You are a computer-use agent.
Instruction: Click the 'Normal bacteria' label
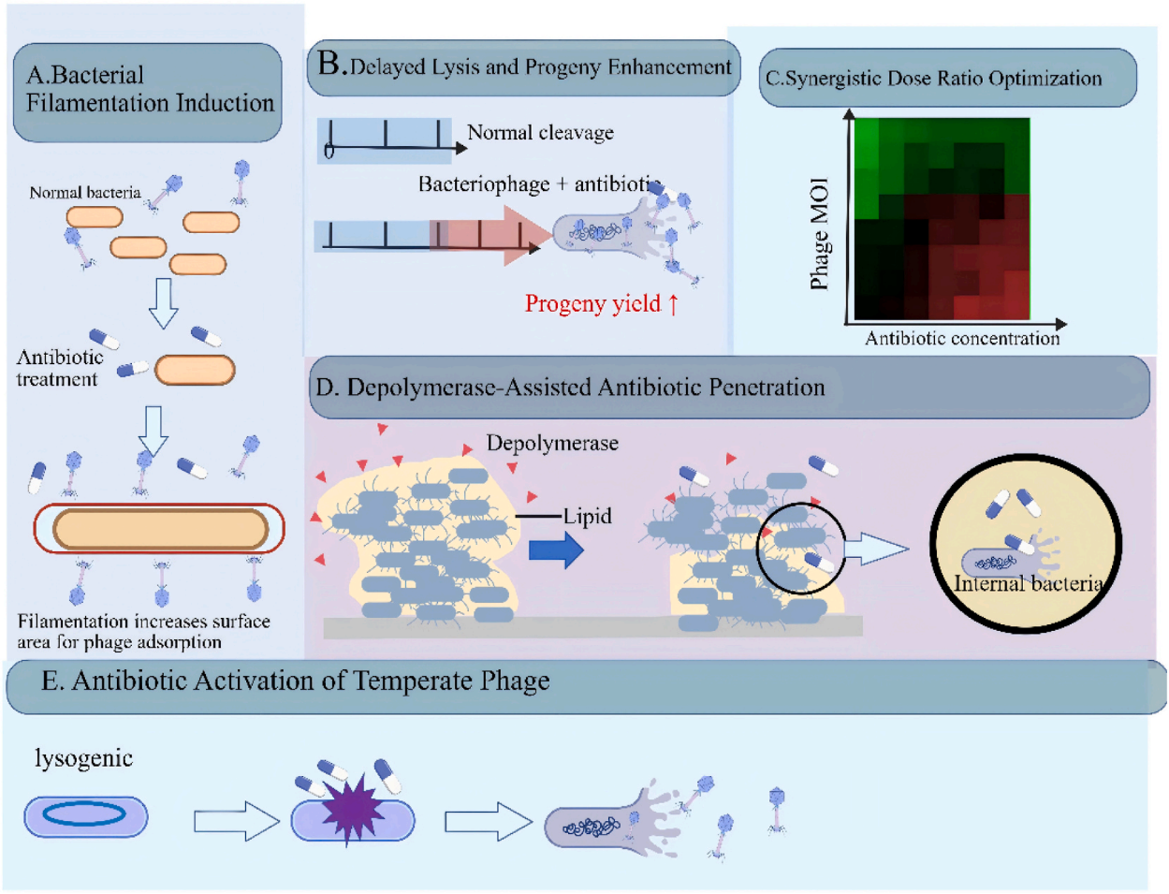click(85, 192)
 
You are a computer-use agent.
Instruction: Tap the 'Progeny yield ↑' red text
click(601, 303)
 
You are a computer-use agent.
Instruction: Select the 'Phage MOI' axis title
click(819, 234)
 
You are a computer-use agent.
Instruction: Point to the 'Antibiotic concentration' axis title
click(962, 338)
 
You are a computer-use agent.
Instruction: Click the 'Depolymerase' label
click(552, 443)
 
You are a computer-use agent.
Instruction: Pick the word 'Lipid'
click(588, 516)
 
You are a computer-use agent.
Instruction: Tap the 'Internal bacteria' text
click(1028, 583)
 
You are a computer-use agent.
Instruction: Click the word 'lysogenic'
click(83, 758)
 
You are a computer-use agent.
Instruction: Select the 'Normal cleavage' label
click(541, 132)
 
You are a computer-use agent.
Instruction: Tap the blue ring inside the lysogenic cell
click(84, 813)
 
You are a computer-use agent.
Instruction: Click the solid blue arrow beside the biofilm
click(556, 550)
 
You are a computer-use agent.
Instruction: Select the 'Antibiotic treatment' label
click(60, 368)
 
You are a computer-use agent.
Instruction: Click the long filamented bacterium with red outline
click(159, 528)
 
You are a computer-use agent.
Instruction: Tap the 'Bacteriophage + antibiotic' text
click(539, 184)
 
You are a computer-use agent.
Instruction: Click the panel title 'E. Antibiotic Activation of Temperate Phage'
click(296, 681)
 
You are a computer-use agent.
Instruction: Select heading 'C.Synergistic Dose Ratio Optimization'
click(933, 79)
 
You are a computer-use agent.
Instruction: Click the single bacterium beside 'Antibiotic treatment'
click(195, 370)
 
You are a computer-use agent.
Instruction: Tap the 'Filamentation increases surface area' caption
click(144, 632)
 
